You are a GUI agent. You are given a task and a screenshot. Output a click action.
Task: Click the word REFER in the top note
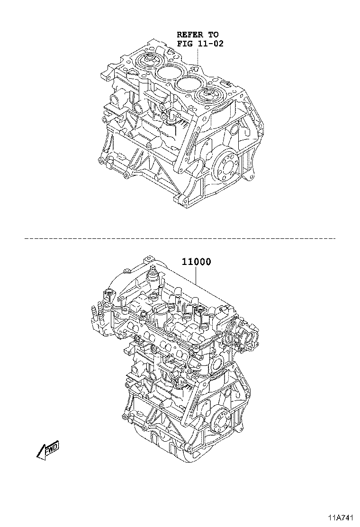coord(190,34)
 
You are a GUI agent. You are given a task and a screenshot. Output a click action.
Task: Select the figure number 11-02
coord(210,43)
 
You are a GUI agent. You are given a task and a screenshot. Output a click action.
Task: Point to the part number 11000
coord(197,262)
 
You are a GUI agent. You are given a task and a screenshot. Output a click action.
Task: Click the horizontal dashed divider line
coord(180,238)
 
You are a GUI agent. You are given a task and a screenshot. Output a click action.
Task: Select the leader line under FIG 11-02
coord(198,56)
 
